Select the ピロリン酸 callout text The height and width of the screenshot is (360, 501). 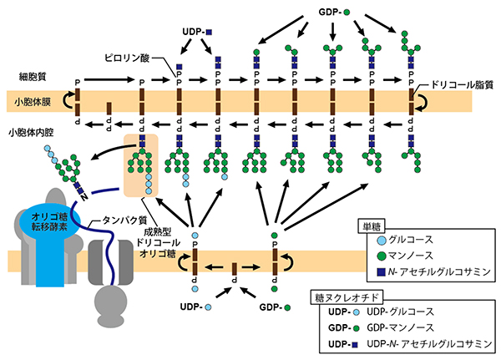click(x=128, y=60)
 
